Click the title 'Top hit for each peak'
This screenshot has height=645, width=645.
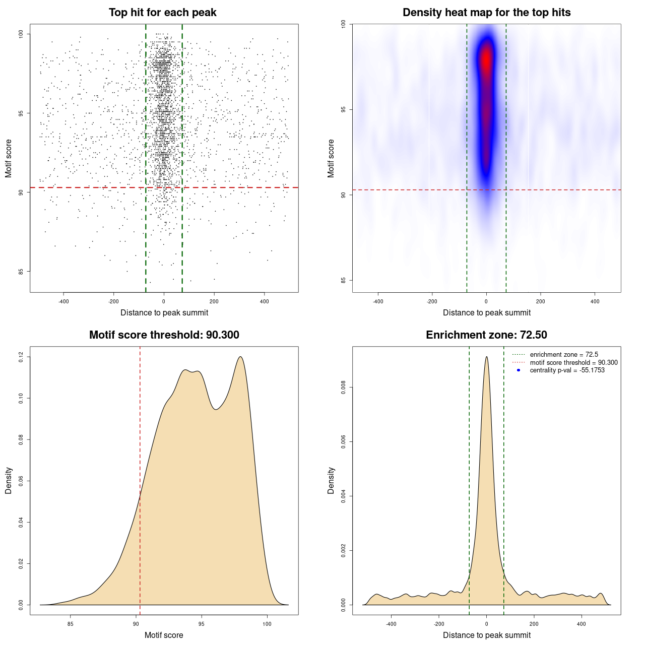pyautogui.click(x=162, y=13)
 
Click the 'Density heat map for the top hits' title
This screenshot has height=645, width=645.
pyautogui.click(x=486, y=13)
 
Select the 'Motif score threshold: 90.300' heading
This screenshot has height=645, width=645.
pyautogui.click(x=164, y=335)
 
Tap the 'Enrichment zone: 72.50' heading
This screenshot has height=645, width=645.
pyautogui.click(x=486, y=335)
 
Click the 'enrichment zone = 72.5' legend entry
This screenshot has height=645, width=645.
pyautogui.click(x=563, y=355)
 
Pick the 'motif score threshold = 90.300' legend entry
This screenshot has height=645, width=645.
pyautogui.click(x=573, y=363)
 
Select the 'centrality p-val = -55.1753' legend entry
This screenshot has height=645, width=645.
pyautogui.click(x=567, y=370)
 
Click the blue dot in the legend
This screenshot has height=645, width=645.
pyautogui.click(x=519, y=370)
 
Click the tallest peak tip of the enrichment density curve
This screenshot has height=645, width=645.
pyautogui.click(x=486, y=357)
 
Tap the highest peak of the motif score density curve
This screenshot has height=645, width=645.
pyautogui.click(x=240, y=357)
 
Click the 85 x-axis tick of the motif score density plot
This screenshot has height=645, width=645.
pyautogui.click(x=71, y=624)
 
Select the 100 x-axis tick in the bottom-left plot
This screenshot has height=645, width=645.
pyautogui.click(x=267, y=624)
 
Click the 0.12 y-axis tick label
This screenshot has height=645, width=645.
pyautogui.click(x=21, y=357)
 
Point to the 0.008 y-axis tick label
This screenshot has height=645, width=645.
pyautogui.click(x=343, y=388)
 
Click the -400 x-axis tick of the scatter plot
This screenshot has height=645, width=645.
pyautogui.click(x=63, y=301)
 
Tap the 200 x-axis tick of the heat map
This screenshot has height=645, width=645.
pyautogui.click(x=540, y=301)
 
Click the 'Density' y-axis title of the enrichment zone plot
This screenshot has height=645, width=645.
pyautogui.click(x=331, y=480)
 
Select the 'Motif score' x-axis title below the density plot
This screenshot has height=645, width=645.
pyautogui.click(x=164, y=635)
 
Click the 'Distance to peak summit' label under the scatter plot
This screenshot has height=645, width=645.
pyautogui.click(x=164, y=312)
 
